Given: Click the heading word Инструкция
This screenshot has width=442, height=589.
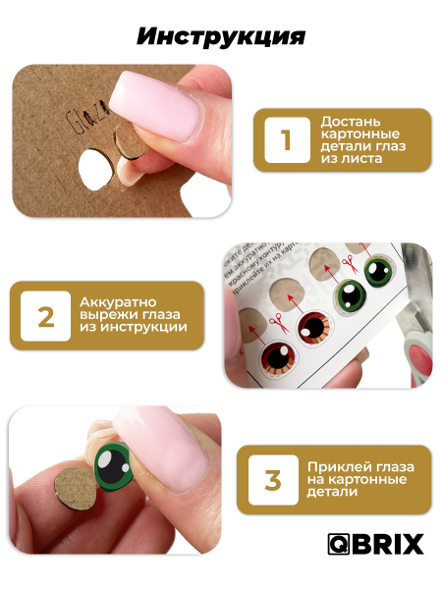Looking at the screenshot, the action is pyautogui.click(x=221, y=37).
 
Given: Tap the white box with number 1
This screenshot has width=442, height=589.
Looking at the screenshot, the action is pyautogui.click(x=287, y=140).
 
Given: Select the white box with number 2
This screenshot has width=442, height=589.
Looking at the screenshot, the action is pyautogui.click(x=45, y=316).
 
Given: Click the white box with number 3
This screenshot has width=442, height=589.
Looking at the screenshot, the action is pyautogui.click(x=273, y=480).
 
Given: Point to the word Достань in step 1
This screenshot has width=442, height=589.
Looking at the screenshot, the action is pyautogui.click(x=346, y=122).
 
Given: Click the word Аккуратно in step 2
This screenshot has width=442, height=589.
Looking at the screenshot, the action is pyautogui.click(x=118, y=302).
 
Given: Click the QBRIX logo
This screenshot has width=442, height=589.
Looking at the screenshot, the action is pyautogui.click(x=376, y=544).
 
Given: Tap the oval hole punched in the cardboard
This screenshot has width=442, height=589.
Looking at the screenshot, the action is pyautogui.click(x=95, y=170).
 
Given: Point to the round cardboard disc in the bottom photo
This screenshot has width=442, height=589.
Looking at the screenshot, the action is pyautogui.click(x=76, y=489).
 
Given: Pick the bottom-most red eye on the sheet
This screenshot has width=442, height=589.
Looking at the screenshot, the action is pyautogui.click(x=279, y=360).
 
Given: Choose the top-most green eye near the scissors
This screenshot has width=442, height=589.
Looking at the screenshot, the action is pyautogui.click(x=379, y=271).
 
